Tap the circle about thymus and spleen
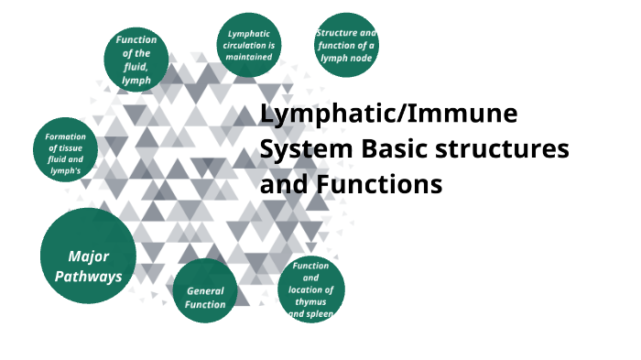[310, 289]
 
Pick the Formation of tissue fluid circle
[65, 151]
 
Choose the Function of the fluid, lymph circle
[136, 59]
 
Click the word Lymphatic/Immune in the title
[388, 115]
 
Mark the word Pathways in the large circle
[88, 276]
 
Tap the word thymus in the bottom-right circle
[310, 301]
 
